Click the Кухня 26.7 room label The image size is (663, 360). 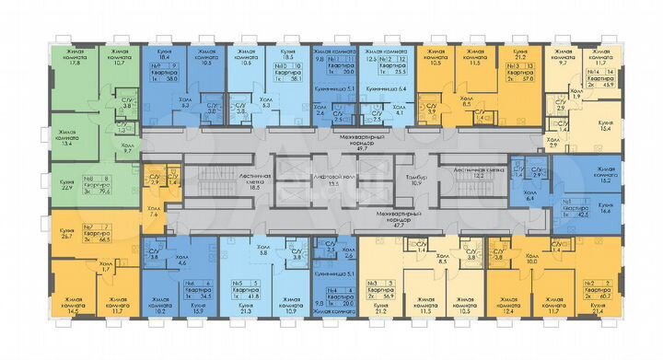click(x=67, y=234)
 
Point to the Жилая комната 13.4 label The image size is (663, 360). click(x=69, y=140)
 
